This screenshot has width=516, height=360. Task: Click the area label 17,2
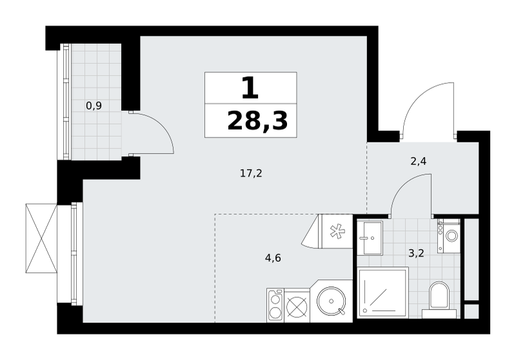pyautogui.click(x=251, y=173)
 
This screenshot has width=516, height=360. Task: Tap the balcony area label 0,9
pyautogui.click(x=94, y=106)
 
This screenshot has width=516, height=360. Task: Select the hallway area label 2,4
pyautogui.click(x=419, y=161)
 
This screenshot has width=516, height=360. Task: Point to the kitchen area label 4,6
pyautogui.click(x=273, y=257)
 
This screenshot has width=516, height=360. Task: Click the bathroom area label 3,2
pyautogui.click(x=416, y=254)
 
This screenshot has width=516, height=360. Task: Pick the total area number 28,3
pyautogui.click(x=257, y=121)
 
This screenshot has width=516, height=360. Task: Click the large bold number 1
pyautogui.click(x=250, y=88)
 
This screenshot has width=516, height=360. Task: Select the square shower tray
pyautogui.click(x=382, y=293)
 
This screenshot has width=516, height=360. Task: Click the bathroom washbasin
pyautogui.click(x=370, y=237)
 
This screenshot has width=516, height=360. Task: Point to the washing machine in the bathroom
pyautogui.click(x=448, y=236)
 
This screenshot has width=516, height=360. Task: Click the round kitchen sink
pyautogui.click(x=331, y=301)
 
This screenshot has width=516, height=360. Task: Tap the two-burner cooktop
pyautogui.click(x=275, y=305)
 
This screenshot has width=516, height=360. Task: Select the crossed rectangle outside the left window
pyautogui.click(x=41, y=238)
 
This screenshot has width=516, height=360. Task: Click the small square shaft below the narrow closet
pyautogui.click(x=471, y=312)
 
